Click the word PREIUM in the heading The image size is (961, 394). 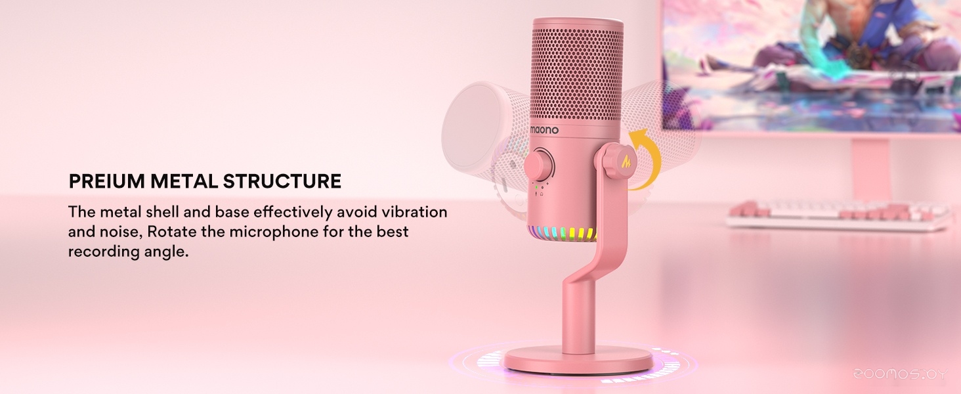(x=106, y=181)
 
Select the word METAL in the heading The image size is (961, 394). (x=184, y=181)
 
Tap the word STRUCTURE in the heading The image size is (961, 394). (x=282, y=181)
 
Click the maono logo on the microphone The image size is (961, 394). (x=544, y=129)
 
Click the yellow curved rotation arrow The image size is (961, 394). (x=646, y=158)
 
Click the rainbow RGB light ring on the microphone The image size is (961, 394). (x=563, y=234)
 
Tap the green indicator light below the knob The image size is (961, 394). (x=536, y=188)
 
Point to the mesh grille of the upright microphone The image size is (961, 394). (x=577, y=74)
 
